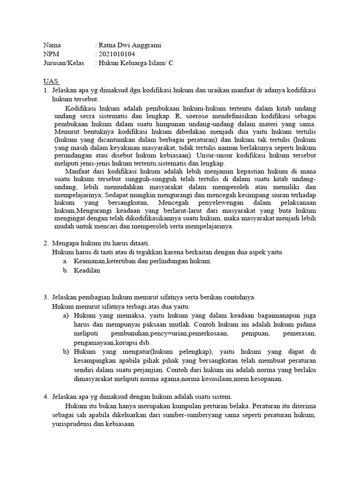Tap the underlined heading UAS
pos(51,81)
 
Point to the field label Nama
pos(52,45)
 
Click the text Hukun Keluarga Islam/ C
pos(135,63)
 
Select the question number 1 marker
pos(46,90)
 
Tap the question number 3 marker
pos(46,297)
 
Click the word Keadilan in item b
pos(87,270)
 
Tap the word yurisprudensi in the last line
pos(73,424)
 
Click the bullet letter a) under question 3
pos(66,315)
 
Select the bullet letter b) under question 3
pos(66,352)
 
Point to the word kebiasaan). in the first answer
pos(177,154)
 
